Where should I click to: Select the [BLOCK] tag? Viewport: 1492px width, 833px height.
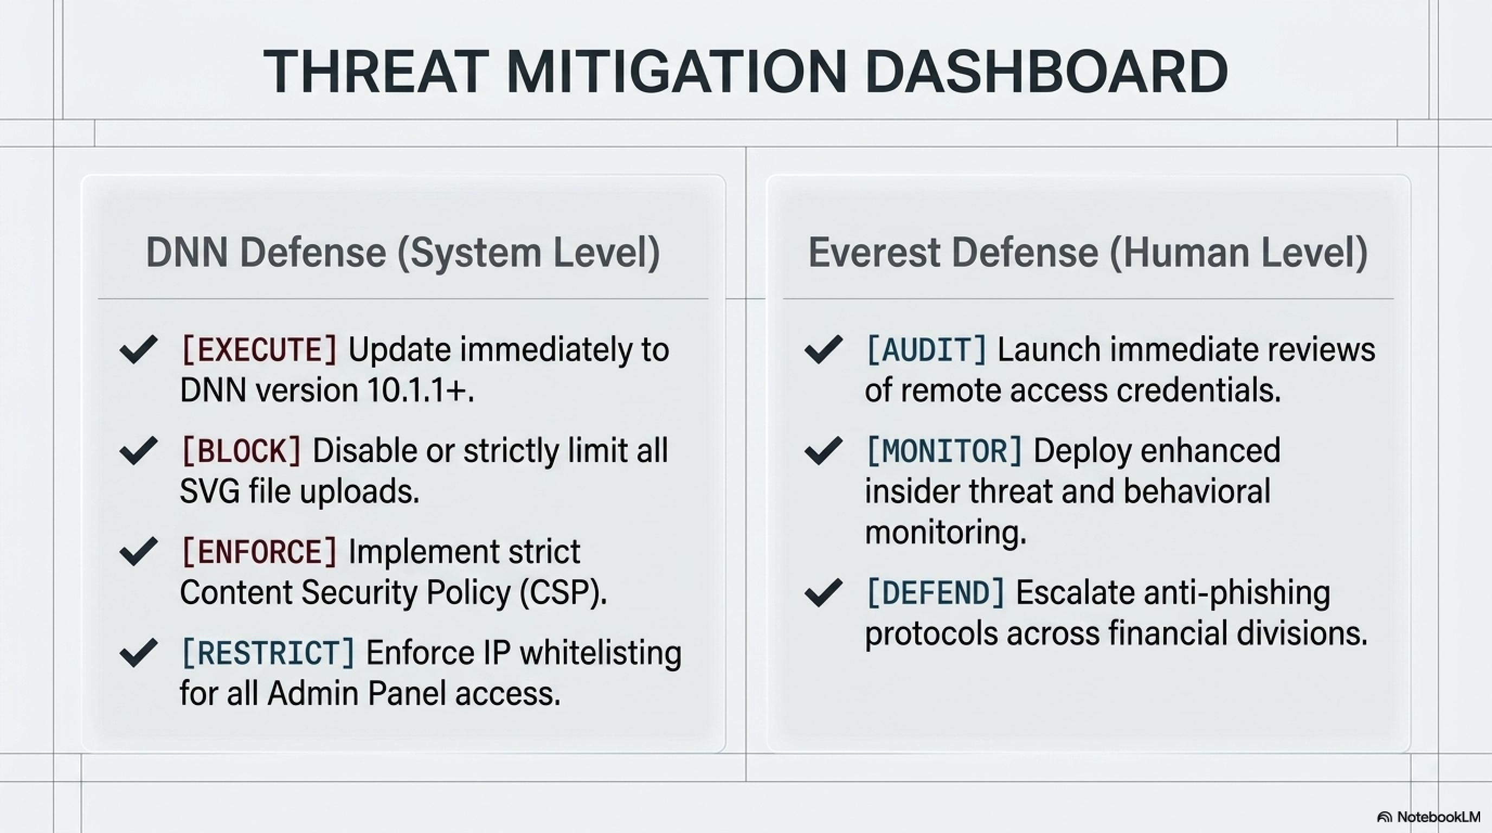pyautogui.click(x=241, y=451)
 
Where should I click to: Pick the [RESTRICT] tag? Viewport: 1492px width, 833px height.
pyautogui.click(x=268, y=653)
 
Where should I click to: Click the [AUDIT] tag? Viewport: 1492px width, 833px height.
pyautogui.click(x=926, y=350)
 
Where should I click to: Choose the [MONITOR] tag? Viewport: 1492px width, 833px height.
pyautogui.click(x=944, y=451)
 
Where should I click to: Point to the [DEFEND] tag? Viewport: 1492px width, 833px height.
pyautogui.click(x=935, y=593)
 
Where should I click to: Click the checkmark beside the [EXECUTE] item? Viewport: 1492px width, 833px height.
pyautogui.click(x=138, y=349)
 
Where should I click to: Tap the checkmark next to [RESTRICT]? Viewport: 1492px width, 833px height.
pyautogui.click(x=138, y=653)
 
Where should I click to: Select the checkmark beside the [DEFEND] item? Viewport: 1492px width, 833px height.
pyautogui.click(x=824, y=593)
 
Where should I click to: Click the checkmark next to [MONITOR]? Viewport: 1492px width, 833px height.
pyautogui.click(x=824, y=451)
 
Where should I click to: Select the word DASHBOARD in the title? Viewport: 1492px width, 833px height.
pyautogui.click(x=1046, y=71)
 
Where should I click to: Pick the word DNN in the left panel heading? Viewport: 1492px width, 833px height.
pyautogui.click(x=188, y=253)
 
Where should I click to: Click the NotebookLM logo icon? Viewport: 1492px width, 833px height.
pyautogui.click(x=1384, y=817)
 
